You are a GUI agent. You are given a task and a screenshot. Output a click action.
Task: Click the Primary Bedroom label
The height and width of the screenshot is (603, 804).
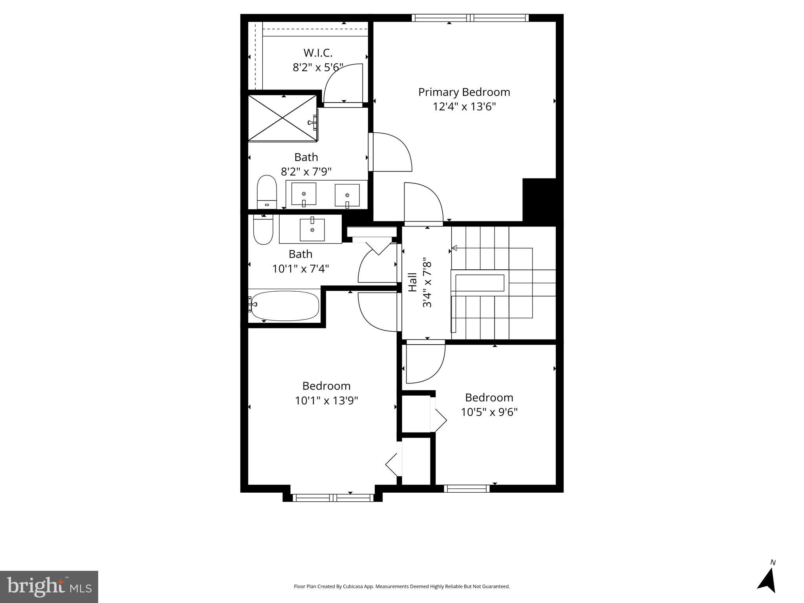(464, 92)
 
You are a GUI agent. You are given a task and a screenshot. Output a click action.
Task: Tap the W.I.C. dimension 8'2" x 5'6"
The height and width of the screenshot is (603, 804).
(318, 68)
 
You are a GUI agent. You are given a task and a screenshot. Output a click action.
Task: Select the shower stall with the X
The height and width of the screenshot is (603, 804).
(282, 118)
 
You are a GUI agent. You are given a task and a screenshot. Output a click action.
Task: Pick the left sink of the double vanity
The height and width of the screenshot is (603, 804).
(304, 194)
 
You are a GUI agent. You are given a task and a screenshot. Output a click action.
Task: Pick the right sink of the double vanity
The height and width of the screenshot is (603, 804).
(347, 195)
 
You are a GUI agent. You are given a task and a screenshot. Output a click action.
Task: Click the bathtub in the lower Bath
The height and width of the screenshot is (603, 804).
(285, 305)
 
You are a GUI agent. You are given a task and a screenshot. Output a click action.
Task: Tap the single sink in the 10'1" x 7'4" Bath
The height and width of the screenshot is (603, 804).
(312, 230)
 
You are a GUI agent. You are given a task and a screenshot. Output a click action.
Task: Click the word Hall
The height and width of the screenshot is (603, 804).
(412, 282)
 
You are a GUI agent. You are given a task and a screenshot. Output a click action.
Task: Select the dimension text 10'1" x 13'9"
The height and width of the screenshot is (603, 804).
(326, 401)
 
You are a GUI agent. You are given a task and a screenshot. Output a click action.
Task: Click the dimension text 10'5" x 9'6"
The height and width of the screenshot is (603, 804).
(489, 412)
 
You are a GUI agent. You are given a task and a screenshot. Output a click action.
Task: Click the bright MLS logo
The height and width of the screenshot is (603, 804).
(49, 587)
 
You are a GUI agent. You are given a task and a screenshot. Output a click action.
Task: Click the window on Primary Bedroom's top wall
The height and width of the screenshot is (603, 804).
(470, 18)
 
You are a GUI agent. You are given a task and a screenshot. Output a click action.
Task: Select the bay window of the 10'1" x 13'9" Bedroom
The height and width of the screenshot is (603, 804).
(333, 498)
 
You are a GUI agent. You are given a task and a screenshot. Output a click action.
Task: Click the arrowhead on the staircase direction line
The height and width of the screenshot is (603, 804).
(454, 248)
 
